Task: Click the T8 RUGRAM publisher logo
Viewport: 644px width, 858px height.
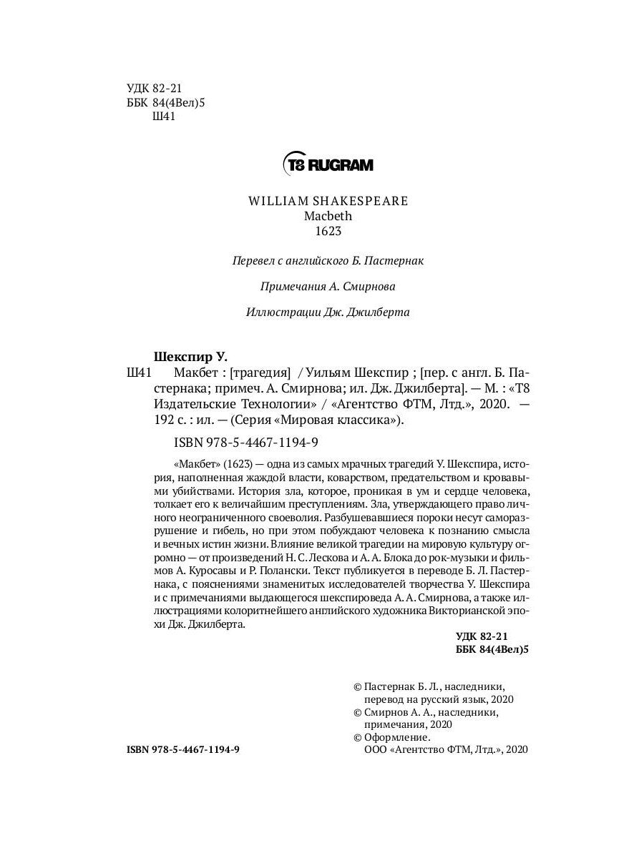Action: click(x=328, y=164)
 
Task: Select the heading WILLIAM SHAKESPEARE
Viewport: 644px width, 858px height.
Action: click(x=328, y=201)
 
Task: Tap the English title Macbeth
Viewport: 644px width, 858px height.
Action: click(x=328, y=215)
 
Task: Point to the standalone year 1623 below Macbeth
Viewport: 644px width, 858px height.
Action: click(x=328, y=230)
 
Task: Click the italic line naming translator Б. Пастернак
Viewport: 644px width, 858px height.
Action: click(x=328, y=261)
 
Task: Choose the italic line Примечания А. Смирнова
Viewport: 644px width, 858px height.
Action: click(x=328, y=287)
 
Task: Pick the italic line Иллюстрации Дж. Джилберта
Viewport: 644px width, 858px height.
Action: click(x=328, y=312)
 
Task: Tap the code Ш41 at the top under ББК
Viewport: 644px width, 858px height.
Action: click(x=165, y=117)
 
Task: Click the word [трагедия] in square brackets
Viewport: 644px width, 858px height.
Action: click(x=257, y=373)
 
